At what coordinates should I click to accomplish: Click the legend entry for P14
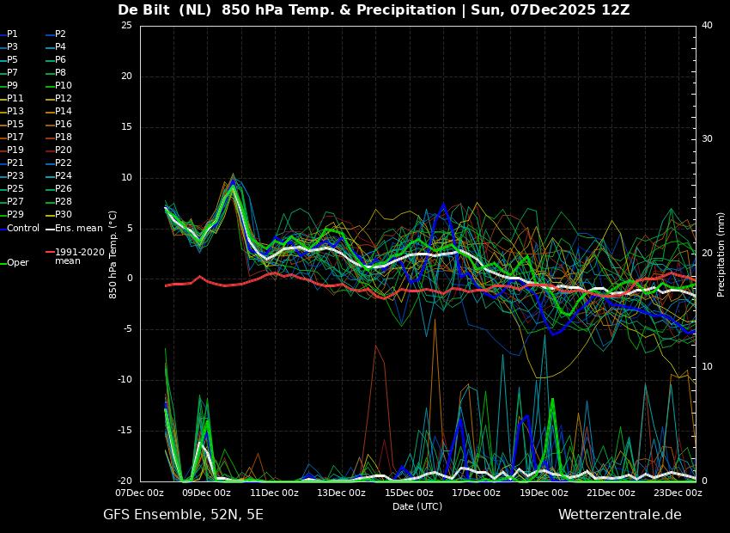point(59,111)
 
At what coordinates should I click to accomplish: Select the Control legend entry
point(20,228)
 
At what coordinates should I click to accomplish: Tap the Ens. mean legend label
point(75,228)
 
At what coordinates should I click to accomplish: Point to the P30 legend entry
point(59,214)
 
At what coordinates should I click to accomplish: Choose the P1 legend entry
point(9,34)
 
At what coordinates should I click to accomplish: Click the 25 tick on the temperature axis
point(126,25)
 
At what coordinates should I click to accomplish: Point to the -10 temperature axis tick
point(124,380)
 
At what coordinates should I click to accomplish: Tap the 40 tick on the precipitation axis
point(707,25)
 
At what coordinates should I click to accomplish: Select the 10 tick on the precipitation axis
point(707,367)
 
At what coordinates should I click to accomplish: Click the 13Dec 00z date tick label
point(341,493)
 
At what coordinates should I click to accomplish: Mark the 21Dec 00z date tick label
point(611,493)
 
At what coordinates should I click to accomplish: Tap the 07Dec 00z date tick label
point(140,493)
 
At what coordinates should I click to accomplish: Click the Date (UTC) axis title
point(417,506)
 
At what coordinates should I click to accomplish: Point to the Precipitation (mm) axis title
point(721,254)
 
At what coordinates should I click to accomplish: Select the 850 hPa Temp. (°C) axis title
point(113,254)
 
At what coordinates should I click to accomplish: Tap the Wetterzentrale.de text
point(620,515)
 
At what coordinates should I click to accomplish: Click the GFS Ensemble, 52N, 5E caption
point(183,515)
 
